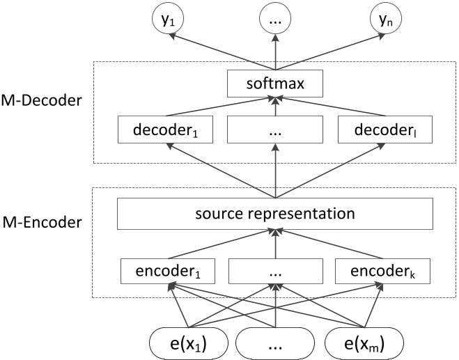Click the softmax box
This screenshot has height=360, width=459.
[x=276, y=86]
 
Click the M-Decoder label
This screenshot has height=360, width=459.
[x=43, y=100]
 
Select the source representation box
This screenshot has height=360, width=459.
[x=276, y=214]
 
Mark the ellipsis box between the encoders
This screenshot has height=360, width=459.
[x=276, y=269]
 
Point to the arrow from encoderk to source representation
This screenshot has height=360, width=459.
[x=334, y=244]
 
